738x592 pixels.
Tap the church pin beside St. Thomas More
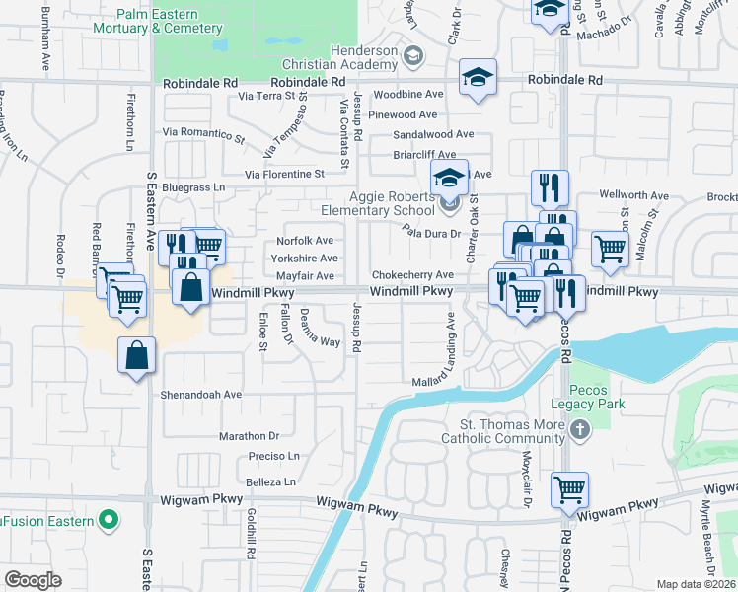click(580, 430)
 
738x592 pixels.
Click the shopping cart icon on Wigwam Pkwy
click(570, 489)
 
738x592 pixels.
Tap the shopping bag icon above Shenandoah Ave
click(137, 355)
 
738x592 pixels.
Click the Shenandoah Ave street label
click(202, 394)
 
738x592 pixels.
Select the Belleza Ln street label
click(270, 482)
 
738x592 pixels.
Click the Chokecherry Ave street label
click(411, 275)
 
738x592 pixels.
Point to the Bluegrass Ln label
click(193, 186)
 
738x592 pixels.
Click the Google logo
click(34, 579)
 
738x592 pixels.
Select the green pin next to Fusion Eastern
click(110, 520)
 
